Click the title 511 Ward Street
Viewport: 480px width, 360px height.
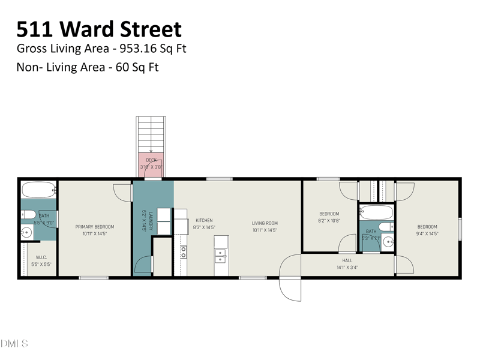99,29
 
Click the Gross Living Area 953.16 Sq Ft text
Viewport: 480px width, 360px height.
101,49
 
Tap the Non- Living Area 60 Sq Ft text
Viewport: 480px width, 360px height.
88,67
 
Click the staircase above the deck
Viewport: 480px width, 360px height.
151,134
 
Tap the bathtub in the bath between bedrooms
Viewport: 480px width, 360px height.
376,212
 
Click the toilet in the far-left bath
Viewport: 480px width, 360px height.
28,215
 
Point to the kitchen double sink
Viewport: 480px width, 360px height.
221,256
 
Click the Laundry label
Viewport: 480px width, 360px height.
144,220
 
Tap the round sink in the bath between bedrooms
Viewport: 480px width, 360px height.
388,242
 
